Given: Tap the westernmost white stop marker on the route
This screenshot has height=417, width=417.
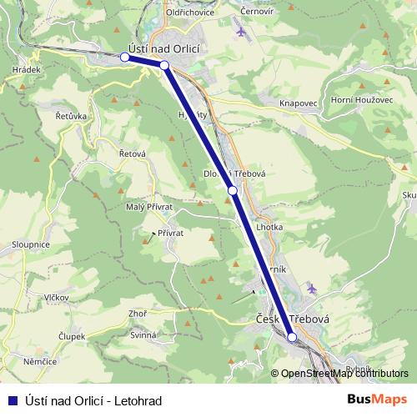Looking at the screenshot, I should pyautogui.click(x=125, y=58).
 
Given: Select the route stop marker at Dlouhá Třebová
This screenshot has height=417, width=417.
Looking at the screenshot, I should pyautogui.click(x=233, y=191).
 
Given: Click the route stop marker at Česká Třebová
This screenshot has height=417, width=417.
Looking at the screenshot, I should pyautogui.click(x=292, y=337).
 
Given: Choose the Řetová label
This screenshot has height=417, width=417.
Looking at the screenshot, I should pyautogui.click(x=133, y=153).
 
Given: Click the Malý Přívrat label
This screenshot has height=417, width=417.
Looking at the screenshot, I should pyautogui.click(x=148, y=206).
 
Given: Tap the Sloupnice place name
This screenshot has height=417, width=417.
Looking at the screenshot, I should pyautogui.click(x=31, y=244).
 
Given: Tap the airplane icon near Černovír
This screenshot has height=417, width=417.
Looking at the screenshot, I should pyautogui.click(x=242, y=33).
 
